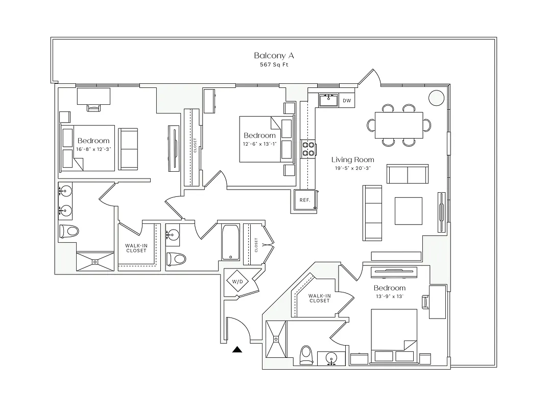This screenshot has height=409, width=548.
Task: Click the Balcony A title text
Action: (x=274, y=55)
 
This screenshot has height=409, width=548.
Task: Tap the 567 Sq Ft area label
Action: (x=274, y=65)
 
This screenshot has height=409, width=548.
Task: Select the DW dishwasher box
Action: (x=347, y=101)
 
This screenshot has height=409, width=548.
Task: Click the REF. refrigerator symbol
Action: (x=305, y=200)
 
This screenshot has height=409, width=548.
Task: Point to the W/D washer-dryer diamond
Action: (x=237, y=282)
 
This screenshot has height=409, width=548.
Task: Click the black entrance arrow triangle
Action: (x=236, y=350)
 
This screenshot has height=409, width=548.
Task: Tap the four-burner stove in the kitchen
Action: (x=308, y=148)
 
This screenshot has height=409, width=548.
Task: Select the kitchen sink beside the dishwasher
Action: (x=328, y=100)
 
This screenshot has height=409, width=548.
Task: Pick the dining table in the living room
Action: (x=398, y=125)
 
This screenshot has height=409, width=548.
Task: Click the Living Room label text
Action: (x=352, y=160)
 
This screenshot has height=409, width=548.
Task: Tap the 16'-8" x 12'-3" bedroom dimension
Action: (x=93, y=149)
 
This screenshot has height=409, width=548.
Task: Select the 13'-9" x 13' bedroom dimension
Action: (x=389, y=297)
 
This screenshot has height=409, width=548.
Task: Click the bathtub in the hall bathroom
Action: (x=230, y=244)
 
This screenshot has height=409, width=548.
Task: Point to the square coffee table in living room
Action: (x=408, y=211)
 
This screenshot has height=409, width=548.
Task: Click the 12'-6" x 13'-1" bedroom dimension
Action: (x=259, y=144)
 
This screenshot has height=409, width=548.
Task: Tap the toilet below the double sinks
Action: (x=69, y=231)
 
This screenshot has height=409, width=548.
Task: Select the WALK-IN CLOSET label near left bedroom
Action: (x=136, y=248)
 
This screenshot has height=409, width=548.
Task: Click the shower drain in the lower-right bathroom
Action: (x=277, y=338)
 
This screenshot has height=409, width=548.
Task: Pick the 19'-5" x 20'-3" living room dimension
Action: (x=352, y=168)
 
